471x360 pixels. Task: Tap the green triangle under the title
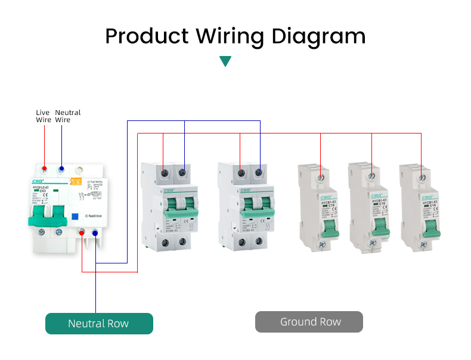click(225, 61)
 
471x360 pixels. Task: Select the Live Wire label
click(43, 116)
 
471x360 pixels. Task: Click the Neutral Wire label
click(67, 116)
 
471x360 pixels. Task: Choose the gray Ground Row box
click(309, 322)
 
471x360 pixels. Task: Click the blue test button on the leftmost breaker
click(76, 218)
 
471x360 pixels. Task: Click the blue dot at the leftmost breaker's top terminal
click(61, 169)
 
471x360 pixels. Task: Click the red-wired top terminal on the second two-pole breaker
click(240, 173)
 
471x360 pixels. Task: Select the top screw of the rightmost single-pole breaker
click(422, 176)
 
